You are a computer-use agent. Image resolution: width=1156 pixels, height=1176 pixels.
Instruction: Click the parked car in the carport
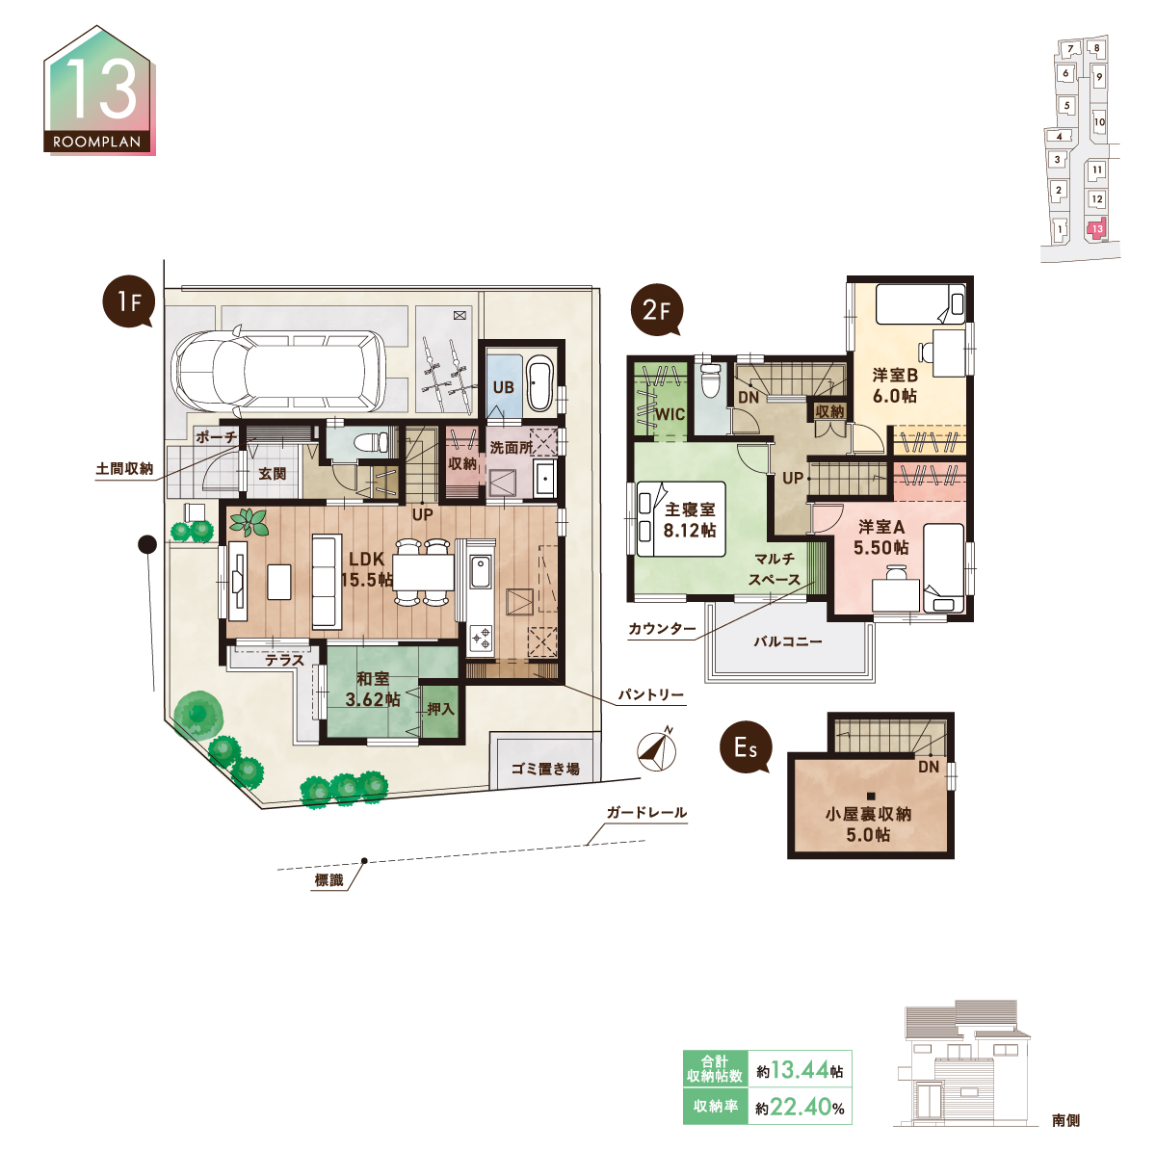[278, 370]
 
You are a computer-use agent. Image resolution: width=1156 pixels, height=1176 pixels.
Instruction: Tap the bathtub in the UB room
[539, 385]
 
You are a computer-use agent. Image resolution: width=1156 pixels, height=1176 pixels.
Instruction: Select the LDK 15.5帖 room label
[366, 569]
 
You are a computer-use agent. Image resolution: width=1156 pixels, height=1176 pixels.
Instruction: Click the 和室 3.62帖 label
[373, 689]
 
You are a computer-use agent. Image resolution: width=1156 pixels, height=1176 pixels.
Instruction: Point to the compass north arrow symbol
[656, 750]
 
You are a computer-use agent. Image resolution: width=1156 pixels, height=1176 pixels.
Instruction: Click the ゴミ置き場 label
[544, 769]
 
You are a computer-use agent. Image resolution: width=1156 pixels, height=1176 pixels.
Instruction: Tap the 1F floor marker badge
[129, 301]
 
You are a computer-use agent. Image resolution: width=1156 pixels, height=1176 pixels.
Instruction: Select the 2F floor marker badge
[656, 310]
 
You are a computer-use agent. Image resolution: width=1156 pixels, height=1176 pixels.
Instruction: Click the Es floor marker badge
[746, 747]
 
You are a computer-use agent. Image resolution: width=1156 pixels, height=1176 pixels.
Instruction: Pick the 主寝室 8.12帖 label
[690, 519]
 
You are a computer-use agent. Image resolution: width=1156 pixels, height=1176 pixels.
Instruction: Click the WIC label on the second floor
[670, 414]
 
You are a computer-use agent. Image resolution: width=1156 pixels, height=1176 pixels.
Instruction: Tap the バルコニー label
[788, 641]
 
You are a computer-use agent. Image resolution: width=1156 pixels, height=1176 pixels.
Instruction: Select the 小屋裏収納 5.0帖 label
[868, 823]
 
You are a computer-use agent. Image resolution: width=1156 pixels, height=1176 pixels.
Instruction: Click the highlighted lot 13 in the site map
[1097, 228]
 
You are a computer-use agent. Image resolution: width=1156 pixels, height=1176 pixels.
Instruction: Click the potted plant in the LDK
[249, 523]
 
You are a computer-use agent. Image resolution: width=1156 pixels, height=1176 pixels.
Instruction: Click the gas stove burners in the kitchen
[480, 639]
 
